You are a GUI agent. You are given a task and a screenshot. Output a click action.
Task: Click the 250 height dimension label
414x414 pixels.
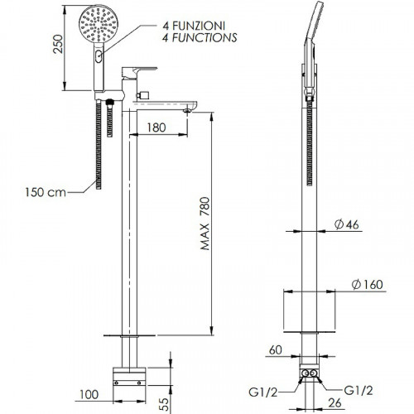click(x=58, y=44)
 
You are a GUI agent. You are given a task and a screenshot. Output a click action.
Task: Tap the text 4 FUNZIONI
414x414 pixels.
click(x=194, y=26)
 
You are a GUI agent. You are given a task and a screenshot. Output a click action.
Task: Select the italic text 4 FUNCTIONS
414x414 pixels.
click(x=200, y=37)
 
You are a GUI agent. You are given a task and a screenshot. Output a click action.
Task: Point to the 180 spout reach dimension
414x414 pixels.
click(x=156, y=128)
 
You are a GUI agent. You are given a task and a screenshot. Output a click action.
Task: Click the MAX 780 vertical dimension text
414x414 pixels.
click(x=205, y=224)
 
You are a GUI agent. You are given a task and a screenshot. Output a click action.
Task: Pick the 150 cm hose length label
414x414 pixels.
click(x=46, y=192)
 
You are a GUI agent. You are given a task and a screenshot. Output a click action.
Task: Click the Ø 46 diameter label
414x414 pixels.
click(x=347, y=224)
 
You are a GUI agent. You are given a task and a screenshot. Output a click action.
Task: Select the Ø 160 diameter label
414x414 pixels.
click(x=368, y=285)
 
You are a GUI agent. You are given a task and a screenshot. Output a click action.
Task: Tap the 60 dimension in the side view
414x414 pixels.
click(x=276, y=350)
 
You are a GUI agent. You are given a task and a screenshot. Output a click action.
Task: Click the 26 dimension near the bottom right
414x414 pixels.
click(x=335, y=403)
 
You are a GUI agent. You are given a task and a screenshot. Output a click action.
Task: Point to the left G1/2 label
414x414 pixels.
click(x=262, y=392)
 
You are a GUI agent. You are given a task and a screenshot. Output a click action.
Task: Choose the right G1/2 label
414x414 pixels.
click(x=359, y=391)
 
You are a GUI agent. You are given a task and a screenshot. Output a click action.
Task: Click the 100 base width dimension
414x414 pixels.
click(x=89, y=395)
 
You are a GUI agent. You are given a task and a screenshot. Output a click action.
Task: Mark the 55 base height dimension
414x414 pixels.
click(x=164, y=404)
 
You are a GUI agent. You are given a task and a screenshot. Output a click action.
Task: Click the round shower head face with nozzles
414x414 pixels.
click(x=99, y=24)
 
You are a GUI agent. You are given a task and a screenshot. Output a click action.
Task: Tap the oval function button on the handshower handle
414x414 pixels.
click(x=99, y=56)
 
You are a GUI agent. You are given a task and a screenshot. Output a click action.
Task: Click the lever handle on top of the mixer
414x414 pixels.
click(x=139, y=72)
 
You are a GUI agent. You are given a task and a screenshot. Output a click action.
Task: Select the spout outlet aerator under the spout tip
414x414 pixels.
click(x=187, y=111)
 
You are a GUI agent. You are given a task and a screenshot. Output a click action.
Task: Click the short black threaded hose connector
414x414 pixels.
click(x=110, y=118)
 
